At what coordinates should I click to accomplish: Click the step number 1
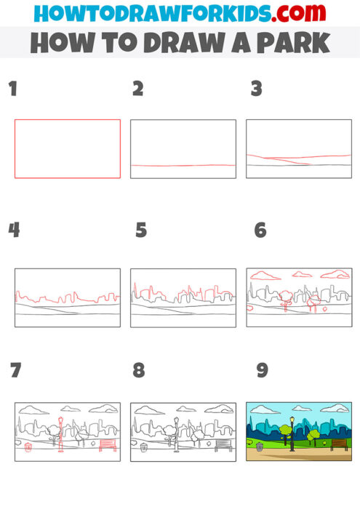point(12,89)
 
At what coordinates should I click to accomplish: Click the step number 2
point(138,89)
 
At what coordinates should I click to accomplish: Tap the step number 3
point(256,89)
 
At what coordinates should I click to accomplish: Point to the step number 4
point(14,231)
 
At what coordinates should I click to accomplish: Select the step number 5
point(141,231)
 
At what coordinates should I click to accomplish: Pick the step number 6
point(260,231)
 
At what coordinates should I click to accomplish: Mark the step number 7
point(16,370)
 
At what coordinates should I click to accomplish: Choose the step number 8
point(139,370)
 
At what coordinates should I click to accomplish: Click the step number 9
point(263,370)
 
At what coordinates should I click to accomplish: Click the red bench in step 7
point(108,444)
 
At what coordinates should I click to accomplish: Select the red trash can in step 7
point(28,448)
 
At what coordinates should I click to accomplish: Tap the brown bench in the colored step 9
point(340,444)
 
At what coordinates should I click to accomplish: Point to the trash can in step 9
point(260,447)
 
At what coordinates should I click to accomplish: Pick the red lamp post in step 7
point(60,434)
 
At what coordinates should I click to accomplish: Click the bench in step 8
point(223,444)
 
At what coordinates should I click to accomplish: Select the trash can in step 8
point(144,448)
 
